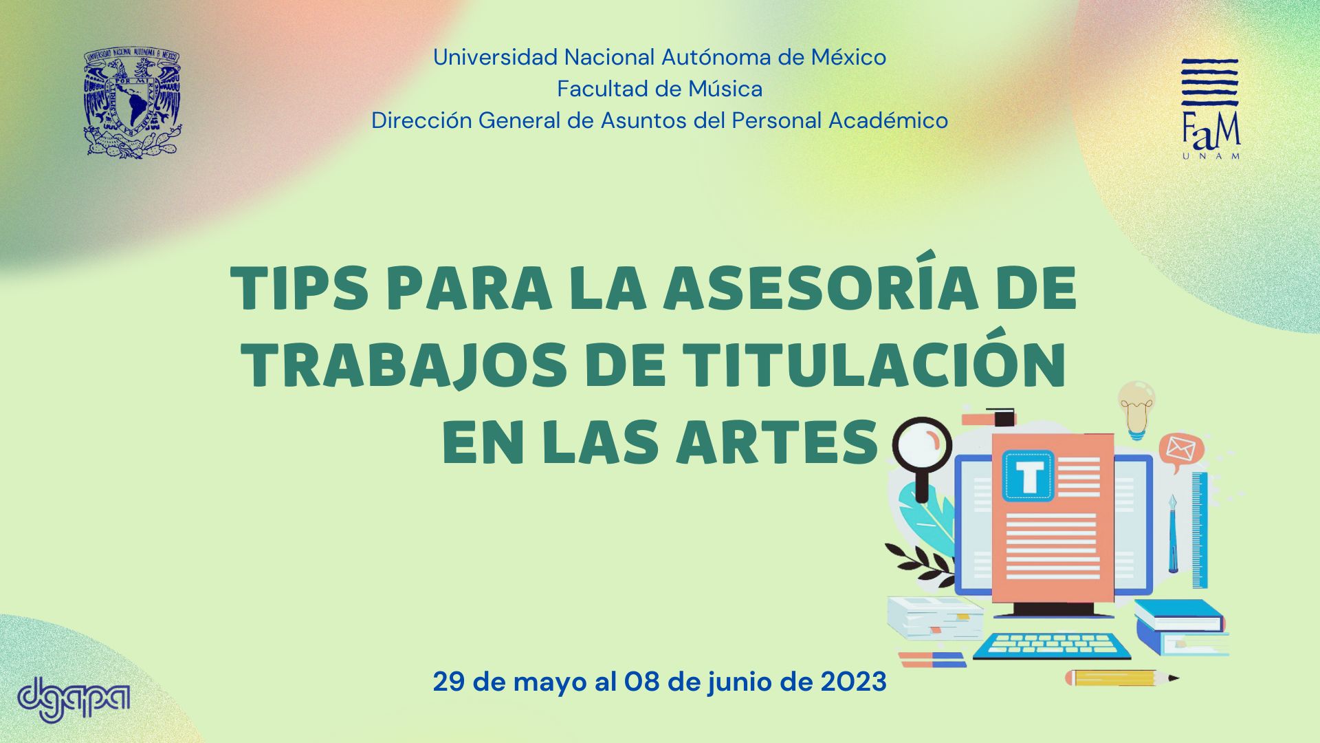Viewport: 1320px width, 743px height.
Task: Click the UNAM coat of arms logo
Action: (x=133, y=103)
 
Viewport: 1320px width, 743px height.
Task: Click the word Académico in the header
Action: (x=888, y=120)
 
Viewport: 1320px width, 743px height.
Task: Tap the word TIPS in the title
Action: (x=300, y=290)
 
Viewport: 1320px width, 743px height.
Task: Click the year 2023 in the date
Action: (x=853, y=682)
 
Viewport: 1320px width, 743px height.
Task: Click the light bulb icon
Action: (x=1136, y=410)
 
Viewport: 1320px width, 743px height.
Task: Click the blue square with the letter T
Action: (x=1028, y=475)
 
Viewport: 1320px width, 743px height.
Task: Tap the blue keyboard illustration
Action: (x=1051, y=645)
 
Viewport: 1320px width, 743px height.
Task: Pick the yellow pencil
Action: (x=1122, y=678)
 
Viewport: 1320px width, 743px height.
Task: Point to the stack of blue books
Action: (x=1180, y=626)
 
